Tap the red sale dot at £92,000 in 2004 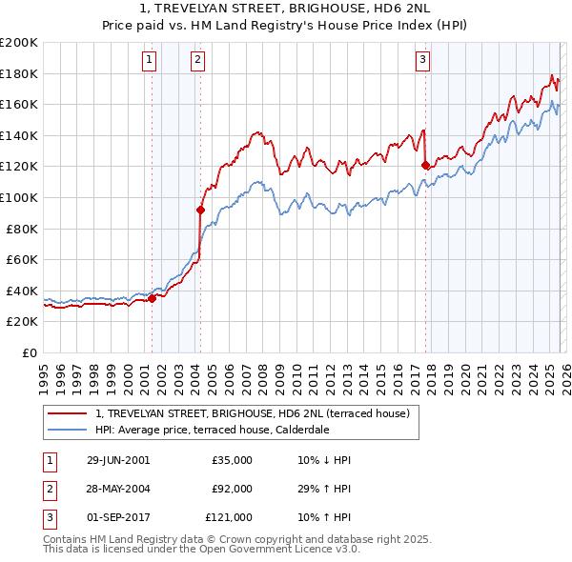[200, 210]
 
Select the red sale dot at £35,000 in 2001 [152, 298]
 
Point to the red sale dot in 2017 [425, 165]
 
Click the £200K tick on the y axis [19, 43]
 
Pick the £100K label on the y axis [19, 197]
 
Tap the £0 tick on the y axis [30, 352]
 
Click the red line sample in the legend [68, 413]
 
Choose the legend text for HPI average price [224, 430]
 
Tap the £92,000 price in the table [232, 489]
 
